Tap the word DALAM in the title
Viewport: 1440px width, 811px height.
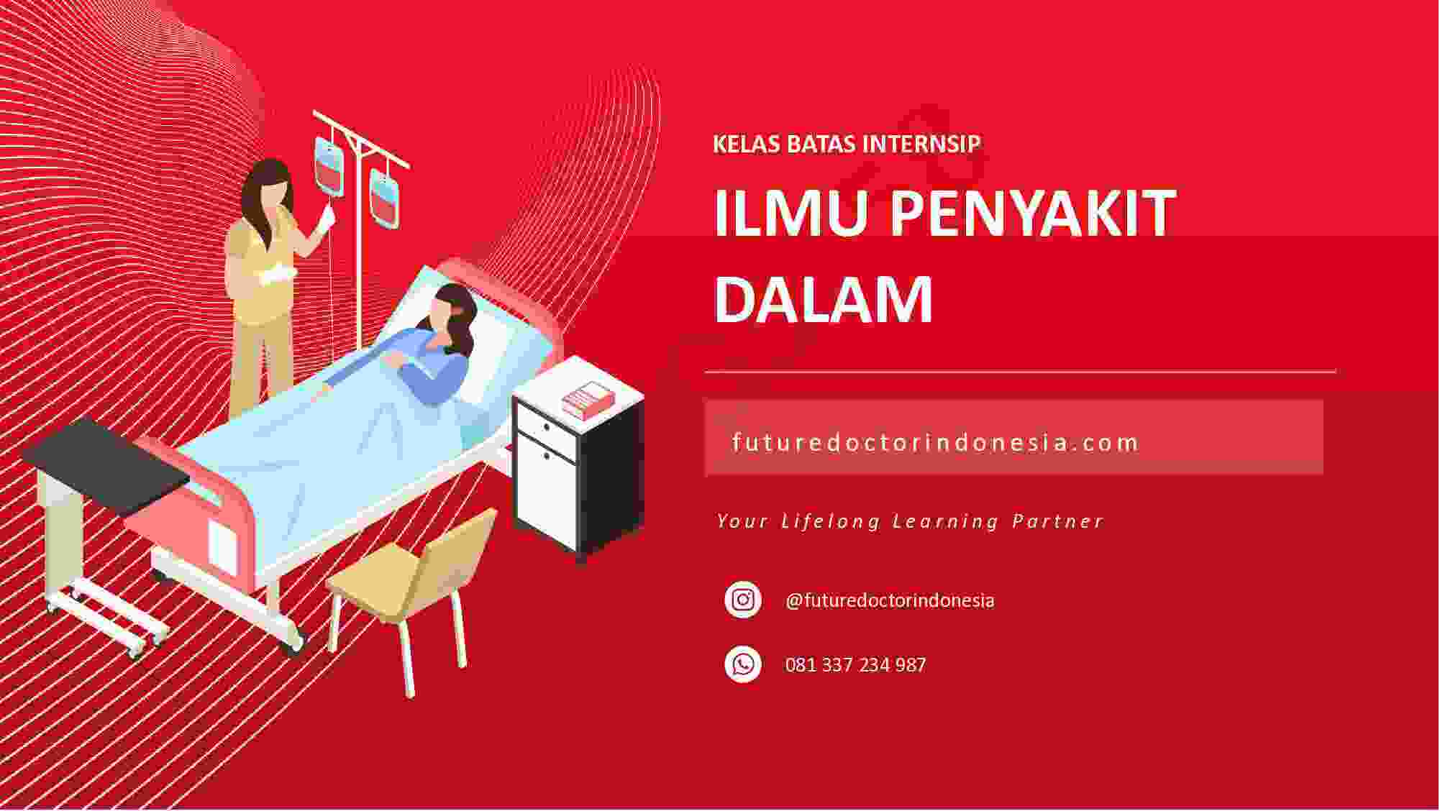tap(824, 298)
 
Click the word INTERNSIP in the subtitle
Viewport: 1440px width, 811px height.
tap(921, 144)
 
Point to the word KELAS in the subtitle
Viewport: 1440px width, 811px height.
tap(746, 144)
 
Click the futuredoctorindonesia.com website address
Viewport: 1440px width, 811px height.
tap(935, 441)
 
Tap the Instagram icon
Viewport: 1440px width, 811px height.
tap(743, 600)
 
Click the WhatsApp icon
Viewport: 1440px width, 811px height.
tap(743, 664)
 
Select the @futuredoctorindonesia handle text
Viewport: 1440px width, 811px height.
tap(890, 600)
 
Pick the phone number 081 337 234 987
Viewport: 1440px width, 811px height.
tap(855, 664)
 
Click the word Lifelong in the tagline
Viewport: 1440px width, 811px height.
tap(831, 521)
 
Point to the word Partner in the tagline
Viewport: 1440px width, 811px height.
tap(1057, 521)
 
